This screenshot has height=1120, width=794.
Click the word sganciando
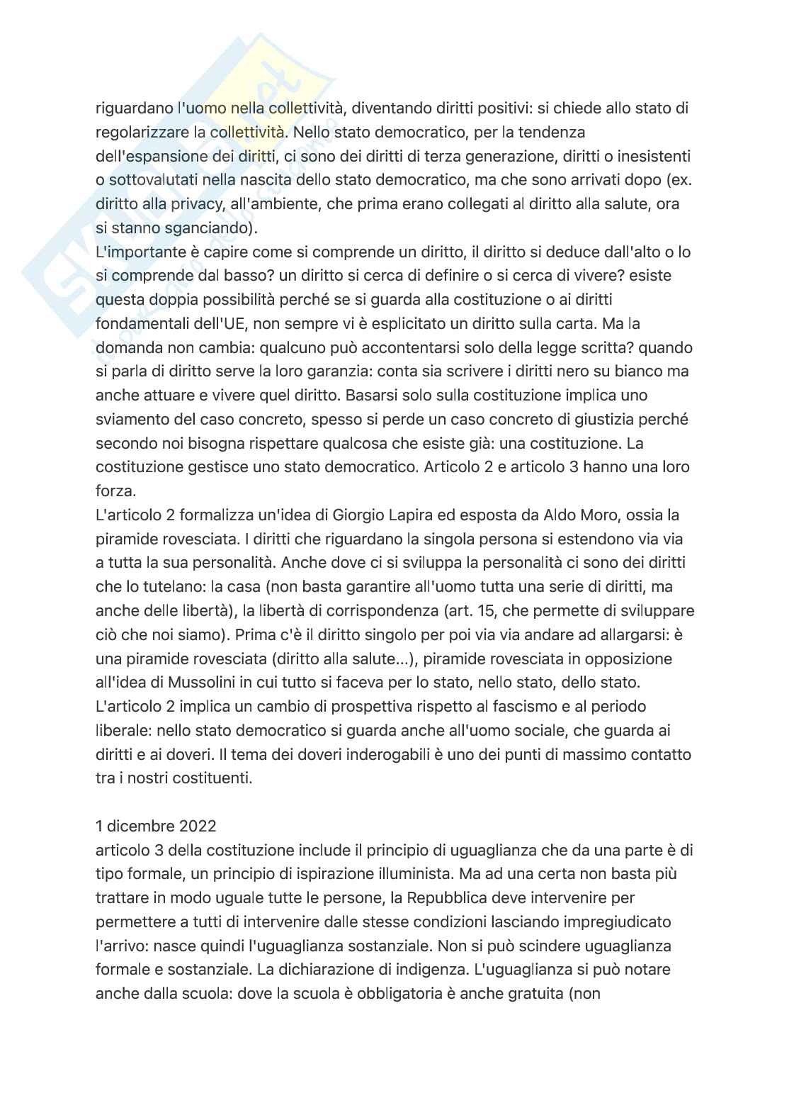[203, 228]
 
